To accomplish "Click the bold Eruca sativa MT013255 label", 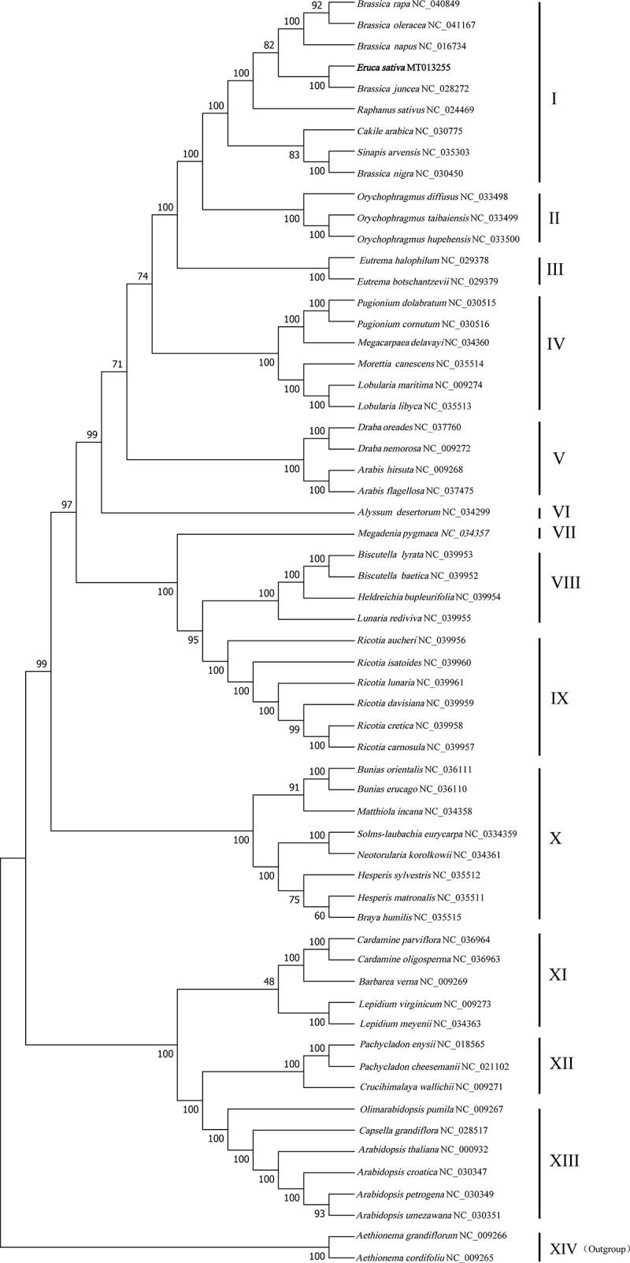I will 396,69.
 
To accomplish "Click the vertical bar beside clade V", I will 539,458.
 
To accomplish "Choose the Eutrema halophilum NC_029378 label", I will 403,259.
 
